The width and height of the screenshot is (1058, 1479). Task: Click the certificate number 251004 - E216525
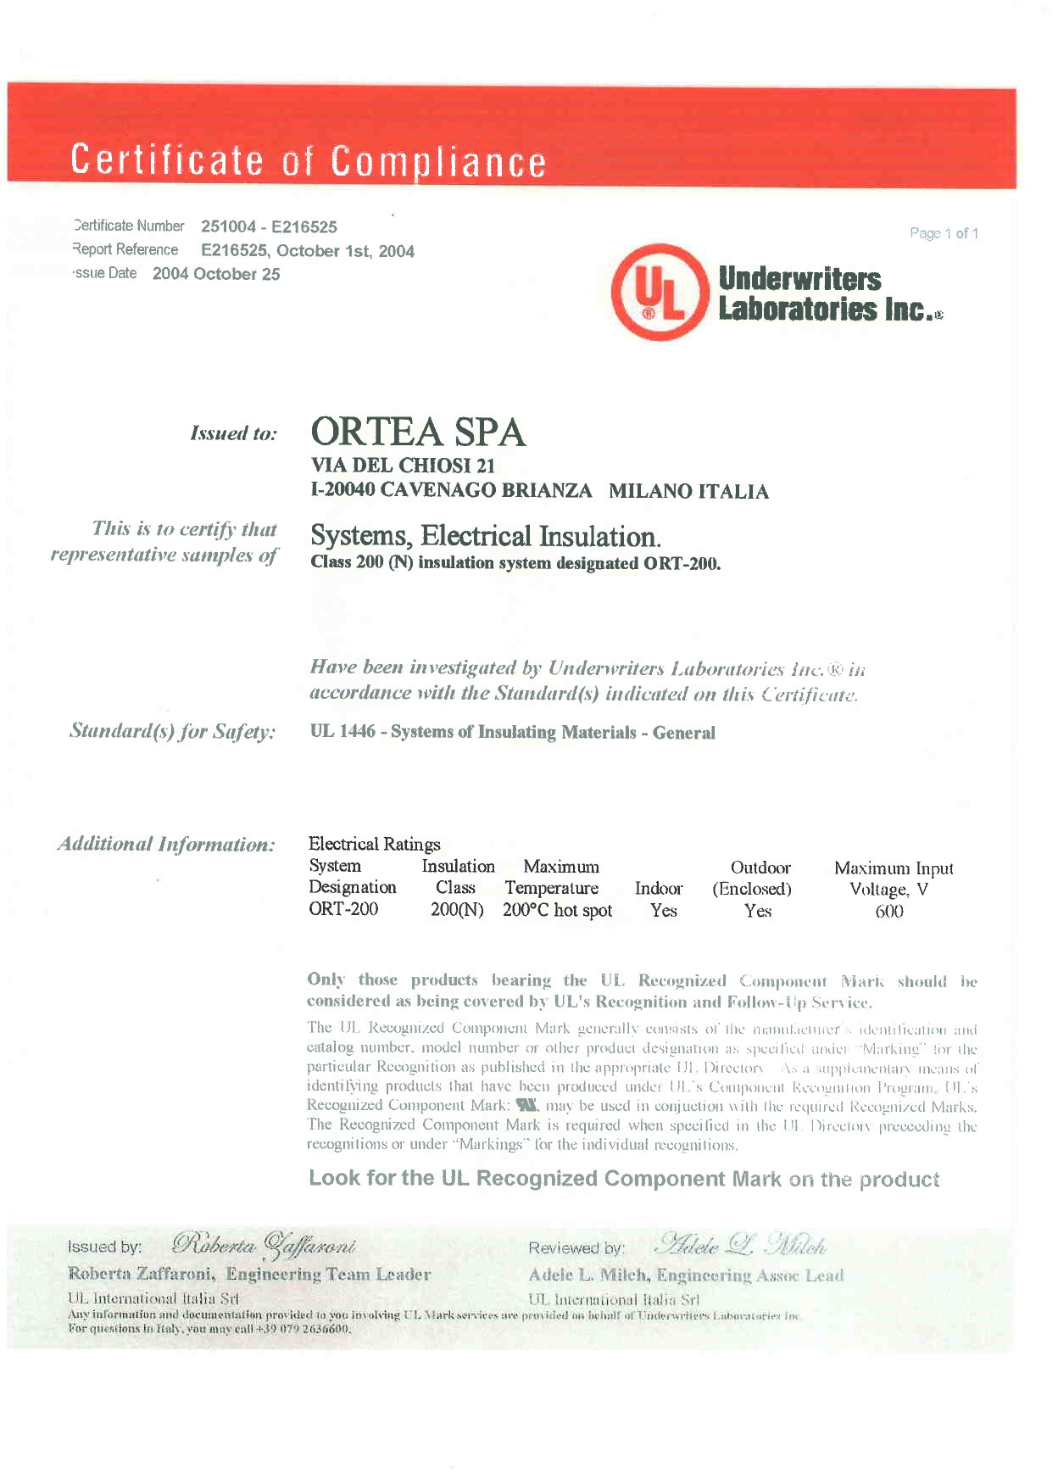269,226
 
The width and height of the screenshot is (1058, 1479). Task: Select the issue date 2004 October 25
216,274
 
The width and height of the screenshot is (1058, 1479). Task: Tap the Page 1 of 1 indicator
944,233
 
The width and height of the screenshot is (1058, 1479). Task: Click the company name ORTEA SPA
418,432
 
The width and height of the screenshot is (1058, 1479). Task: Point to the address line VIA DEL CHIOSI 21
403,466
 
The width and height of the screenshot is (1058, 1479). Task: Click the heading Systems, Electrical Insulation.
485,536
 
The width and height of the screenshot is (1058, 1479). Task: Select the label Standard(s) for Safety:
172,731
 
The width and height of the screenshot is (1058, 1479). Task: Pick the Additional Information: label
166,844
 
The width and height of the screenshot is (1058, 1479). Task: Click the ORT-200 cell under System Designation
343,909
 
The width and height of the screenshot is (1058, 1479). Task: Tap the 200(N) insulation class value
457,910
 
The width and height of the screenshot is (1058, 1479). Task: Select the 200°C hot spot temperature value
557,910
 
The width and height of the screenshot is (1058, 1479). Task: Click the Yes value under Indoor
663,910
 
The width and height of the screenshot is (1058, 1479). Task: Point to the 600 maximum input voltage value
889,912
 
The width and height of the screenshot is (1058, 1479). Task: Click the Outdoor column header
760,868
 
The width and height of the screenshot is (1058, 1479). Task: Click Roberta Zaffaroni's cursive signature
264,1245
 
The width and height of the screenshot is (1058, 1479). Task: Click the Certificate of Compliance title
309,160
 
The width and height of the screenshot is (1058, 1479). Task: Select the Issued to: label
233,433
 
